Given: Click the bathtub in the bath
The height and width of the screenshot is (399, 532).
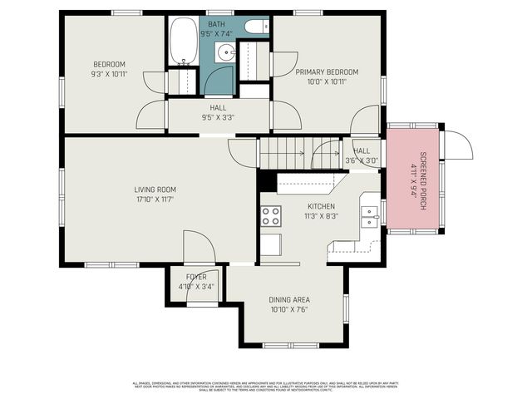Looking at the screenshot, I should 184,42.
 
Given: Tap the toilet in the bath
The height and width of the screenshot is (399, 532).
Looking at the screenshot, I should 257,27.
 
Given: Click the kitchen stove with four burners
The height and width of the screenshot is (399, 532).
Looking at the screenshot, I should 271,216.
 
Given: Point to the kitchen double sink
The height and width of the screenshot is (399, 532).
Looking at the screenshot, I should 370,216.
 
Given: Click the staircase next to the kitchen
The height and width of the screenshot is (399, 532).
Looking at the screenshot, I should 299,153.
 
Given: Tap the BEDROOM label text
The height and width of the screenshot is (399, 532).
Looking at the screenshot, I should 109,65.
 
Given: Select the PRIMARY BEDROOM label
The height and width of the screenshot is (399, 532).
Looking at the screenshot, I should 327,72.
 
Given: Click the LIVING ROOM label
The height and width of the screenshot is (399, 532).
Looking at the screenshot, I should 155,190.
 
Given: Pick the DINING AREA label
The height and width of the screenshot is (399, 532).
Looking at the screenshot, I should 289,300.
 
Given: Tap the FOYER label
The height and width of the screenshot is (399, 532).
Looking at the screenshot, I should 196,277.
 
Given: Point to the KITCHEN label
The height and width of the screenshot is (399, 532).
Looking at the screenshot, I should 321,206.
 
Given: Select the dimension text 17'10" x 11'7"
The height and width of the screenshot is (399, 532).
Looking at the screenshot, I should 155,199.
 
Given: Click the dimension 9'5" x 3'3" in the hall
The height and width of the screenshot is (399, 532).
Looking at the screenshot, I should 218,117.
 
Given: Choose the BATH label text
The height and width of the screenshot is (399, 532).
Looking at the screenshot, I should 217,25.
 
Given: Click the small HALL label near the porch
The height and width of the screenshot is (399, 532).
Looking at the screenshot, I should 362,151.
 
